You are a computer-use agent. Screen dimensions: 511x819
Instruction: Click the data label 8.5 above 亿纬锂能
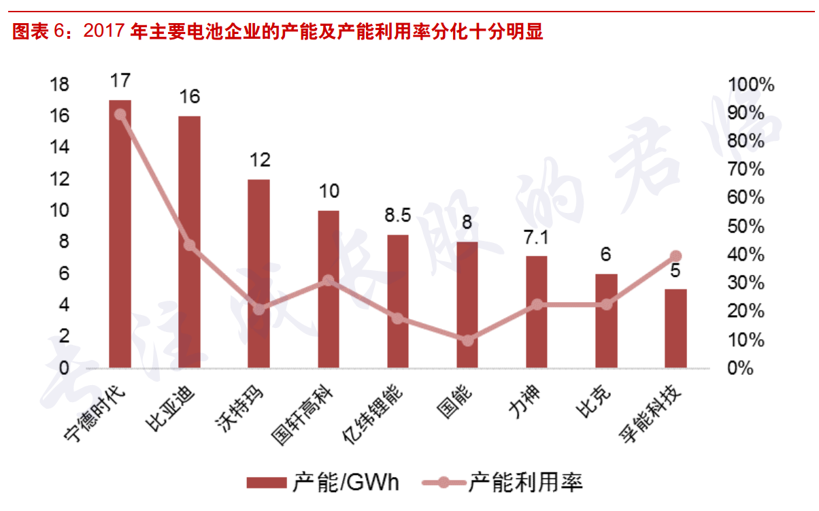pyautogui.click(x=397, y=216)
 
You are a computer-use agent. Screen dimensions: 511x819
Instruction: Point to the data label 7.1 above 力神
pyautogui.click(x=536, y=237)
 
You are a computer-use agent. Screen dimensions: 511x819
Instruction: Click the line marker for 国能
pyautogui.click(x=467, y=340)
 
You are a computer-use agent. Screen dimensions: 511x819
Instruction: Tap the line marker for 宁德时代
pyautogui.click(x=120, y=114)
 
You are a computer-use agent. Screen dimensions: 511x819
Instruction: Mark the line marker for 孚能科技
pyautogui.click(x=675, y=257)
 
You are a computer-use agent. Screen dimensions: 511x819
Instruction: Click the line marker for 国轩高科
pyautogui.click(x=328, y=280)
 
